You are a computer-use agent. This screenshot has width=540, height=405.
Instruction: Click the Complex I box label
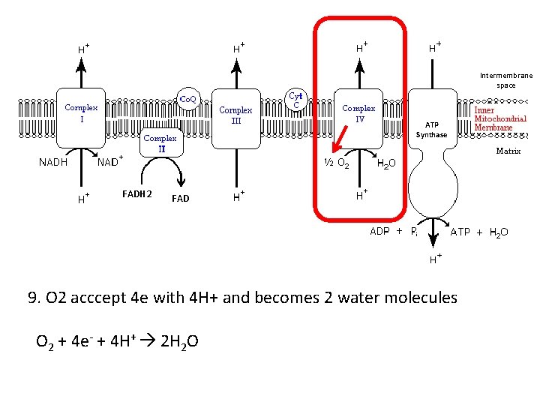coord(81,112)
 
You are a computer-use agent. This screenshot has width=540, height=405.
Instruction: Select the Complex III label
coord(235,115)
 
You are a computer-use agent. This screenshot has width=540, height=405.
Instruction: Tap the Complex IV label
coord(358,112)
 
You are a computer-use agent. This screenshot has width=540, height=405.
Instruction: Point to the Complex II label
coord(160,143)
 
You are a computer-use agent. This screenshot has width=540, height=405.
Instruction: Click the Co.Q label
coord(187,98)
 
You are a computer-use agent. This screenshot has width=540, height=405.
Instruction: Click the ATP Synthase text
coord(431,130)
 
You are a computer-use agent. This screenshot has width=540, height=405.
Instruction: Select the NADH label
coord(53,161)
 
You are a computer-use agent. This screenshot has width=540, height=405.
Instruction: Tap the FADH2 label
coord(136,195)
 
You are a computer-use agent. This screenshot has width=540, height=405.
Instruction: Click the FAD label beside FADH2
coord(180,199)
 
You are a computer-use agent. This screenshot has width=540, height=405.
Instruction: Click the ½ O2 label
coord(334,162)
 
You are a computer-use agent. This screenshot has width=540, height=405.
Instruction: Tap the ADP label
coord(379,232)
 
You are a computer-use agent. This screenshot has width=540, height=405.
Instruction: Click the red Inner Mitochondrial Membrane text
coord(499,118)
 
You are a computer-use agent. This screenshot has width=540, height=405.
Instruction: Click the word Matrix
coord(508,151)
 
